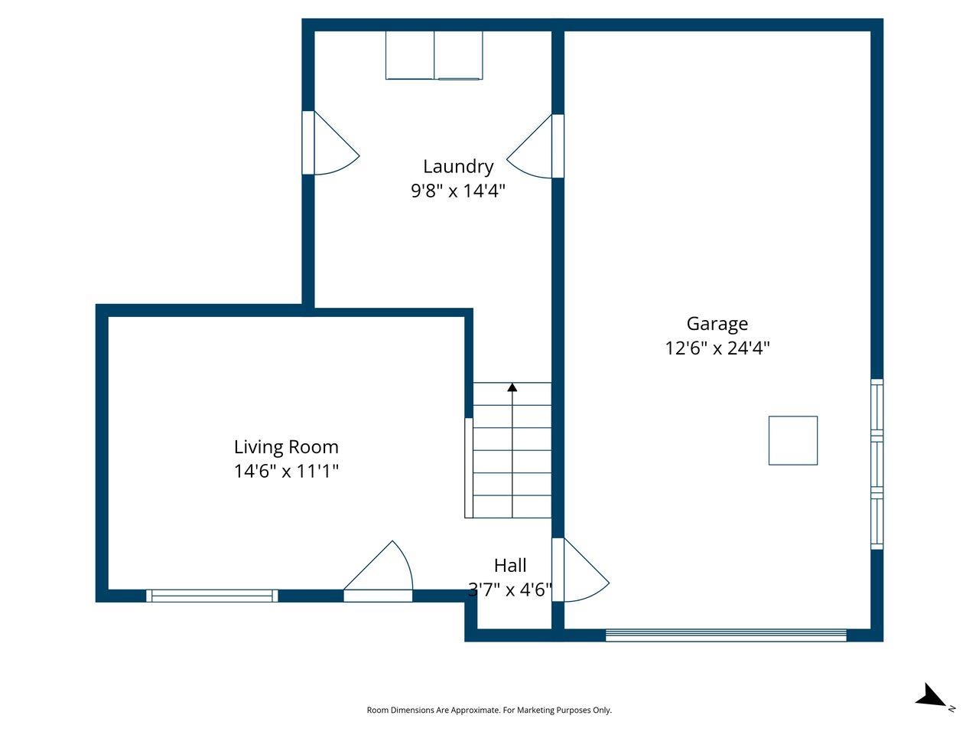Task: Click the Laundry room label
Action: pos(458,166)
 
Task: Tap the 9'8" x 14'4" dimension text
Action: pos(458,191)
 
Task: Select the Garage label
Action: pos(717,324)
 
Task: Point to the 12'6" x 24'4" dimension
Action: pos(717,348)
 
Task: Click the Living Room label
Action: pos(286,446)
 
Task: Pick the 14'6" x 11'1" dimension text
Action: pos(286,471)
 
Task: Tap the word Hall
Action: pos(510,566)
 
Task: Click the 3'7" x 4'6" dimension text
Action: pos(510,590)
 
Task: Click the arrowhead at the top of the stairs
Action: pos(512,387)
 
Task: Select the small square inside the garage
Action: pos(793,440)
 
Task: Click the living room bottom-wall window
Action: pos(212,596)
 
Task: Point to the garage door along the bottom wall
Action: pos(726,635)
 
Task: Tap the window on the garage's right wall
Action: pos(877,464)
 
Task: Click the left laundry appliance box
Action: pos(410,55)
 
